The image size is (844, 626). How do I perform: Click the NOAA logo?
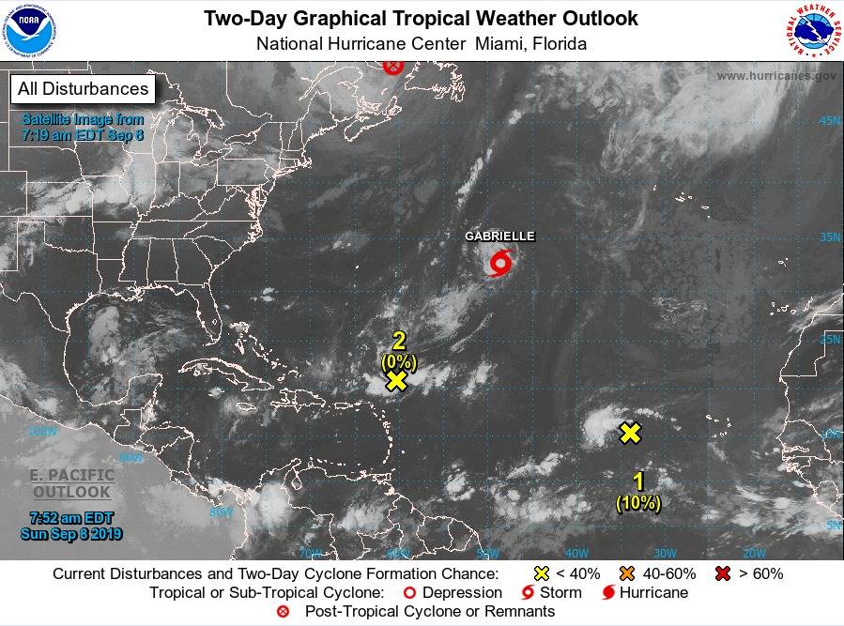[29, 29]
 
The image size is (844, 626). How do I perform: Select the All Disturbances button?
[82, 89]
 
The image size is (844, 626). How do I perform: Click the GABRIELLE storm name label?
[499, 237]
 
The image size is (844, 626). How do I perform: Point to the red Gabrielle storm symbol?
[501, 263]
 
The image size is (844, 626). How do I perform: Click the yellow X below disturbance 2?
[396, 380]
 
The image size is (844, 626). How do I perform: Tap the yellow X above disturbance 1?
[630, 433]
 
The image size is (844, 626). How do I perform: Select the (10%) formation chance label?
[638, 504]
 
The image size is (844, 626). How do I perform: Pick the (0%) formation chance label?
[398, 360]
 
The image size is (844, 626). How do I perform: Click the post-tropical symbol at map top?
[393, 66]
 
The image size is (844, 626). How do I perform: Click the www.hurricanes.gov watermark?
[775, 76]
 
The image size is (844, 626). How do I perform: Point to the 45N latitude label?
[829, 121]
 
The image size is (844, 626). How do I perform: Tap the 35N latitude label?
[829, 237]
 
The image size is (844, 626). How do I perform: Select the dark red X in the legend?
[724, 573]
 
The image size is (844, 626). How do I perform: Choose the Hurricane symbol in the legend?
[608, 593]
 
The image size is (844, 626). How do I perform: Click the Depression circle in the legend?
[408, 593]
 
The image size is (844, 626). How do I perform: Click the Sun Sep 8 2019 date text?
[71, 534]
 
